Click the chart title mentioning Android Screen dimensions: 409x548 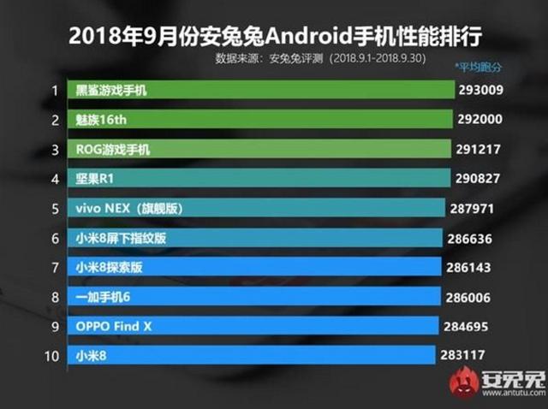(274, 37)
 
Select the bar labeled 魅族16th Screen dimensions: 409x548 (261, 120)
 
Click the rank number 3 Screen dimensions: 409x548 (54, 150)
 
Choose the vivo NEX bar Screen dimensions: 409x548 (257, 208)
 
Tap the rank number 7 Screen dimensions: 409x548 (54, 268)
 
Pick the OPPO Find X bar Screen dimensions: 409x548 (253, 327)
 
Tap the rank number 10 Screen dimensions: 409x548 (54, 356)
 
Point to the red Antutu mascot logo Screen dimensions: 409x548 (463, 382)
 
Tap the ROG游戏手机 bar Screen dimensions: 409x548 (260, 150)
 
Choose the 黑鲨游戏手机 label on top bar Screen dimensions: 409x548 (111, 90)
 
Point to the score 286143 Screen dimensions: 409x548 (469, 268)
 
